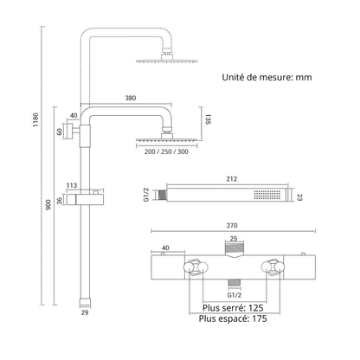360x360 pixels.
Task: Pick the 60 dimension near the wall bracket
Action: [x=60, y=132]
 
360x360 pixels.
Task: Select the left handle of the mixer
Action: [x=196, y=267]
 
